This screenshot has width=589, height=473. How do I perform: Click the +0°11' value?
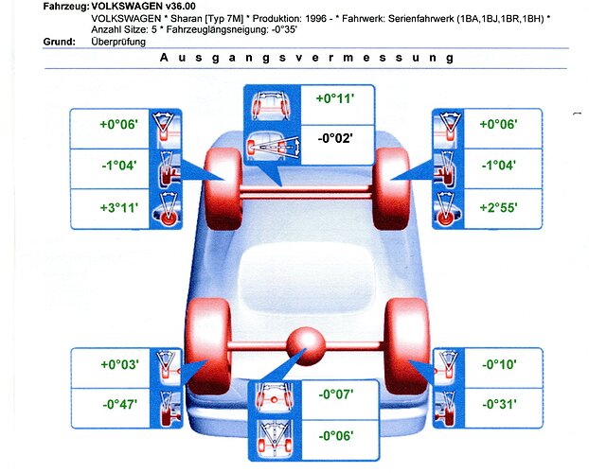coord(335,98)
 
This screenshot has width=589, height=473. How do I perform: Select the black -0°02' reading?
coord(335,138)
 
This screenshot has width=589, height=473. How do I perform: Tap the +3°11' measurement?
coord(119,207)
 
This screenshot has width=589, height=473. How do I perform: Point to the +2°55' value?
coord(498,207)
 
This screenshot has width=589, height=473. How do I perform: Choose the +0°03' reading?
coord(120,364)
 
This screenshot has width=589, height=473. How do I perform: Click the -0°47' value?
coord(120,404)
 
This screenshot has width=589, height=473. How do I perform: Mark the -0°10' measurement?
coord(499,364)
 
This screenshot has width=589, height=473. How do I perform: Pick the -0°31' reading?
coord(499,404)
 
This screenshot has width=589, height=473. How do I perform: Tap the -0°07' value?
coord(336,394)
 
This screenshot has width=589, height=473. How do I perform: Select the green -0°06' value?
coord(336,436)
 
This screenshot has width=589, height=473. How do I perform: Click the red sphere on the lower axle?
coord(306,346)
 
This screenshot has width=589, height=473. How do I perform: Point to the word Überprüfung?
coord(118,42)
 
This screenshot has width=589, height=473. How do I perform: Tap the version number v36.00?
coord(181,7)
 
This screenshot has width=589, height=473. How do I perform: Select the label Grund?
coord(60,42)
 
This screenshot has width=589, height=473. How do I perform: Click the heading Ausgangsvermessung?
coord(307,59)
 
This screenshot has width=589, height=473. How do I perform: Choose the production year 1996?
coord(315,18)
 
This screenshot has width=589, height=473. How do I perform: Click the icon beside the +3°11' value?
coord(166,209)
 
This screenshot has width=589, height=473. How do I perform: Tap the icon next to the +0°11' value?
coord(273,105)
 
